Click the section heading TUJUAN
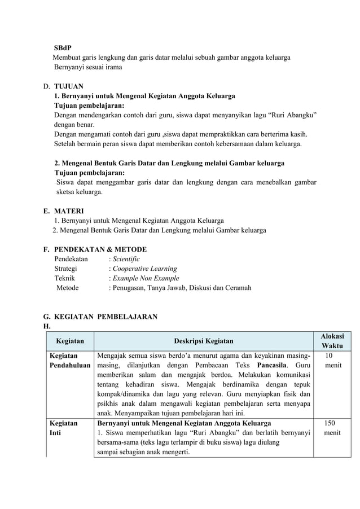coord(68,86)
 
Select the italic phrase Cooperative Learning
coord(144,269)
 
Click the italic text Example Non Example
coord(145,278)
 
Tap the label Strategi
coord(65,269)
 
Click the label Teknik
coord(64,278)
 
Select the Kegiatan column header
coord(70,340)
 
